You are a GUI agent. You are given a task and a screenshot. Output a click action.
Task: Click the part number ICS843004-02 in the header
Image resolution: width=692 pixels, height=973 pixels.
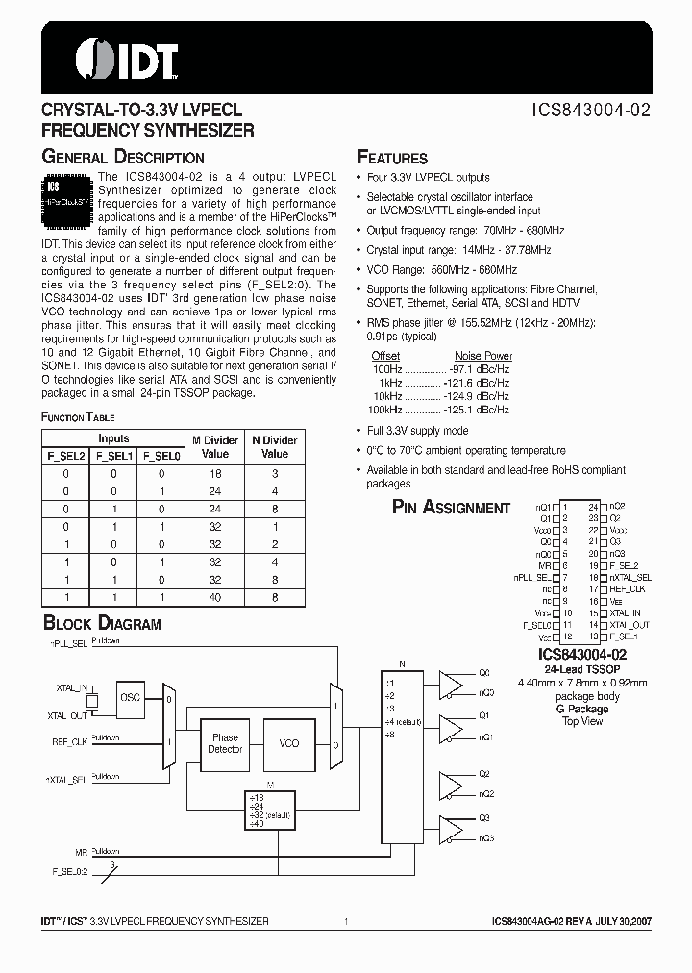coord(590,110)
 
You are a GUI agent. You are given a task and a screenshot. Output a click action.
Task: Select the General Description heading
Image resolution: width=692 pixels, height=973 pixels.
coord(122,157)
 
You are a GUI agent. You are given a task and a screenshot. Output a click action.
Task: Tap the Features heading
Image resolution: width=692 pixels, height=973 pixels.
coord(392,158)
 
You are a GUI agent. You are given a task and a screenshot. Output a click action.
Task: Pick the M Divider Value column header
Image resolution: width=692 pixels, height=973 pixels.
coord(216,447)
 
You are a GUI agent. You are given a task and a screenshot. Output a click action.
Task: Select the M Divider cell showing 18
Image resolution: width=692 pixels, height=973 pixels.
coord(216,474)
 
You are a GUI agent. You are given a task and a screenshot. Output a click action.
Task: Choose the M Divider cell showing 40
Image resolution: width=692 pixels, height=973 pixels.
coord(216,597)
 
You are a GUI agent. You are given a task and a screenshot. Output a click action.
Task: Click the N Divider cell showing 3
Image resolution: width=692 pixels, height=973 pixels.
coord(275,474)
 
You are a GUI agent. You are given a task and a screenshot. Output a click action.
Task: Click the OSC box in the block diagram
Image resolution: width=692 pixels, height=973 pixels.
coord(131,699)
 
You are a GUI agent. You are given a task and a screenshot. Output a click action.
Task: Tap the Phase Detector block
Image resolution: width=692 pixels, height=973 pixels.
coord(225,743)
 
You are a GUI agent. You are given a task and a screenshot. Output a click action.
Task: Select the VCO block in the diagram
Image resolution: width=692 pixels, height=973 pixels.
coord(289,743)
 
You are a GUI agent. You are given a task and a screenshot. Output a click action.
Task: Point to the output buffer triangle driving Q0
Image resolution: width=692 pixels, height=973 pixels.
coord(450,683)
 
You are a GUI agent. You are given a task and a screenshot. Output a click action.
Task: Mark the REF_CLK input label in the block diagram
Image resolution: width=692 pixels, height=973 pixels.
coord(69,741)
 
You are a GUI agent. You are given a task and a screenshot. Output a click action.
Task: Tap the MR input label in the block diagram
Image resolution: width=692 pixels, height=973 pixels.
coord(81,852)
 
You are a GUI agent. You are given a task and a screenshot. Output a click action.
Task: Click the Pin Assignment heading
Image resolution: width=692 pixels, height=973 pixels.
coord(451,508)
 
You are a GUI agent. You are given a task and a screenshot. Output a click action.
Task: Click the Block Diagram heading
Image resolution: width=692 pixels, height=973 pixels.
coord(101,624)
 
